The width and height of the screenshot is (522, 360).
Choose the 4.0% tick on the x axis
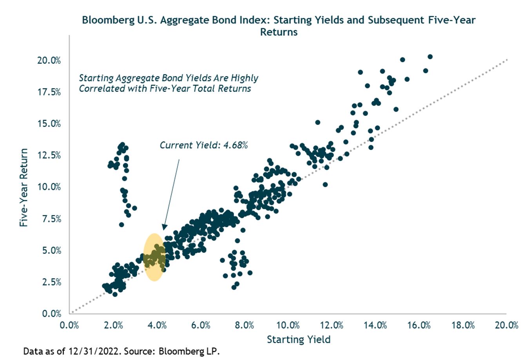[x=157, y=326]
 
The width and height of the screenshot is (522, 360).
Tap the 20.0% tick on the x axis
[x=506, y=326]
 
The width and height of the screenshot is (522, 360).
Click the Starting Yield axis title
[x=299, y=339]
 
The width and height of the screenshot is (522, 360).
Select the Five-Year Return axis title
[x=24, y=187]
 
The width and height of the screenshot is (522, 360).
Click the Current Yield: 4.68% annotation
[x=203, y=145]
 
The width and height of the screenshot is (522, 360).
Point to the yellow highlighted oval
[x=154, y=257]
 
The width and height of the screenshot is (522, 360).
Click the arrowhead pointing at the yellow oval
[x=164, y=228]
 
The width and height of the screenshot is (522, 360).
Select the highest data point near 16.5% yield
[x=430, y=57]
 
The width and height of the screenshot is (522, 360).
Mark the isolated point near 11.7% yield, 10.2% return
[x=325, y=185]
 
